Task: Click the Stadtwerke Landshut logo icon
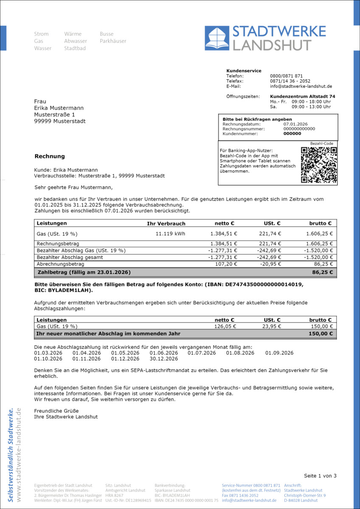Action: tap(217, 38)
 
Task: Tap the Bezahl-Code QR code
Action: tap(319, 165)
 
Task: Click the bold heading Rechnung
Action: tap(50, 156)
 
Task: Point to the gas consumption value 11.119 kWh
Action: tap(170, 234)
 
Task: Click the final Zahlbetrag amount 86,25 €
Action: tap(322, 272)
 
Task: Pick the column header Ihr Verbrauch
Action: tap(166, 224)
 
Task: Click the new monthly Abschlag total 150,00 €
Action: tap(321, 334)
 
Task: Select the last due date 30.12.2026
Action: tap(163, 359)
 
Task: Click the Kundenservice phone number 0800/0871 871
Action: tap(286, 76)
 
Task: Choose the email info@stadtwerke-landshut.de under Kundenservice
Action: tap(301, 86)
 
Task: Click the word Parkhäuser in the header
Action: tap(113, 41)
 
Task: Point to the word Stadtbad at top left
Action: tap(75, 48)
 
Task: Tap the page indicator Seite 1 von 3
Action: tap(320, 475)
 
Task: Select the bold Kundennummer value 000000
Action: tap(292, 134)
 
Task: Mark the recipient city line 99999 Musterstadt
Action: tap(59, 121)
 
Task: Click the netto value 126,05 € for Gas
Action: tap(225, 326)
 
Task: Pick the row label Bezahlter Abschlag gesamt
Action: tap(70, 257)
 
